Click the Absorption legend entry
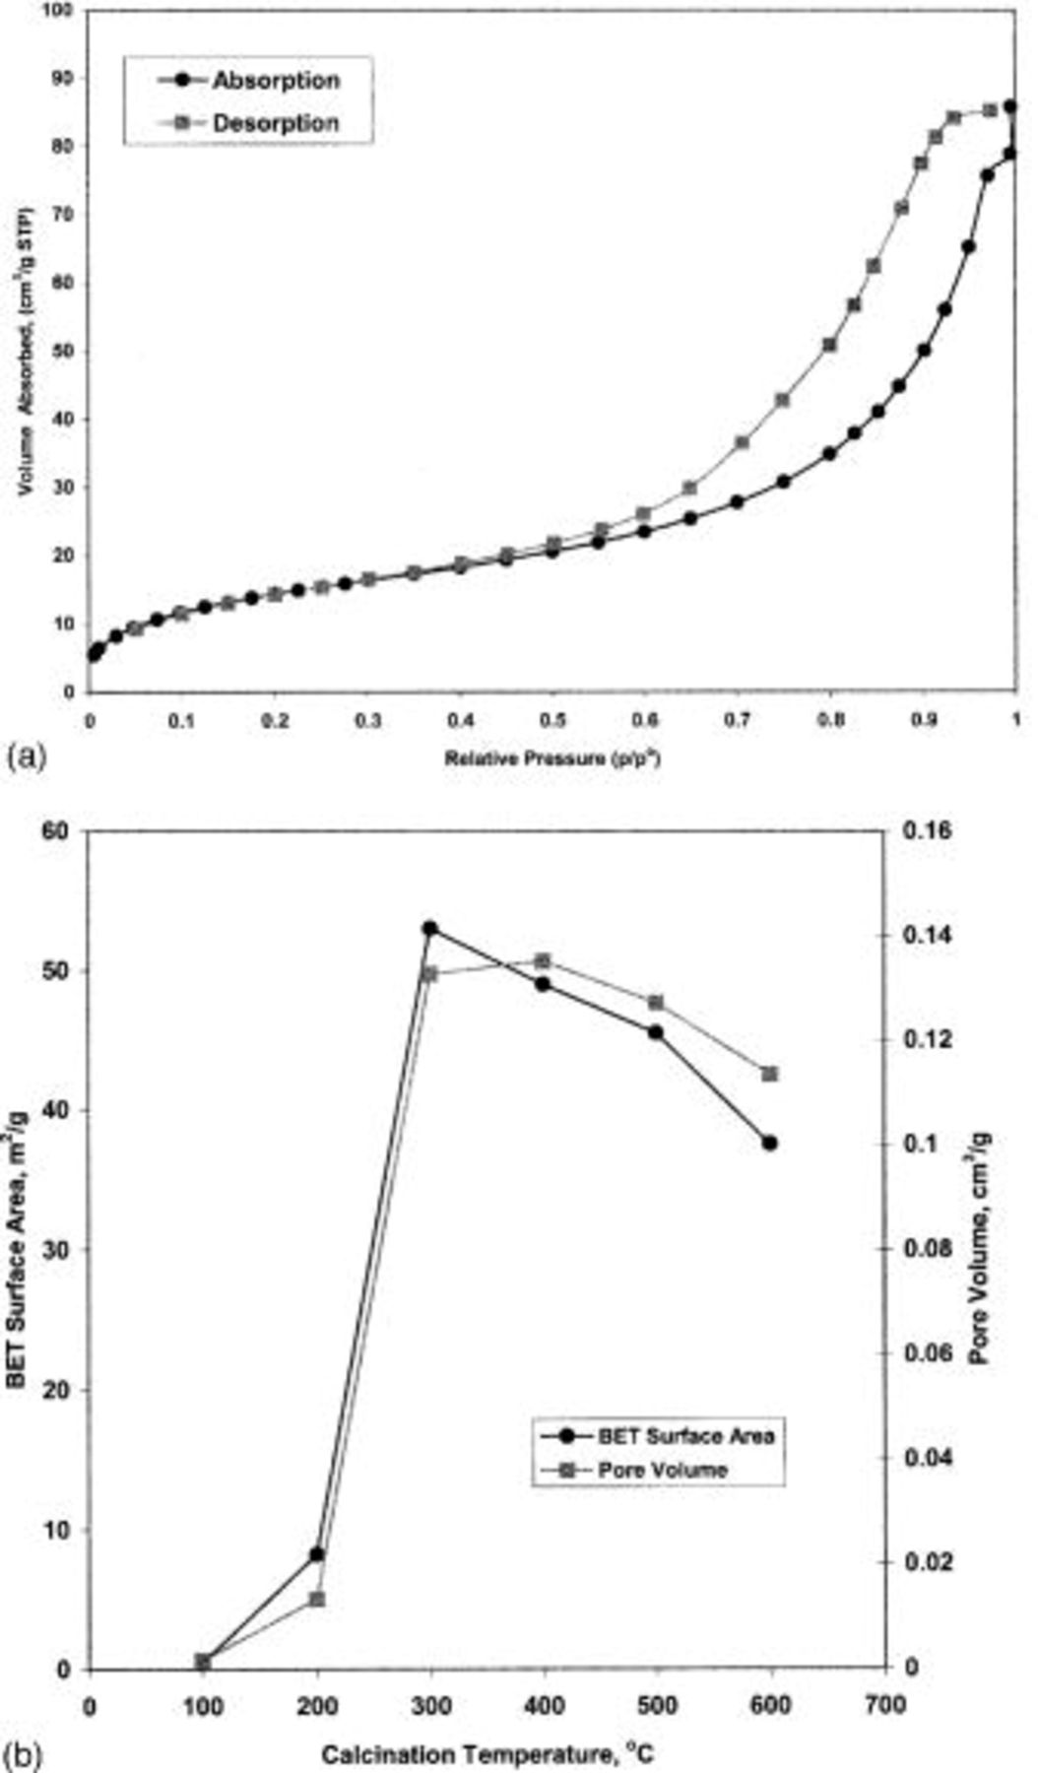pyautogui.click(x=275, y=81)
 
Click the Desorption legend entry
pyautogui.click(x=275, y=123)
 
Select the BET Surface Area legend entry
pyautogui.click(x=685, y=1435)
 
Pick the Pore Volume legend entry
pyautogui.click(x=662, y=1470)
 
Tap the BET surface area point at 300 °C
pyautogui.click(x=429, y=928)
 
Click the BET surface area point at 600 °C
pyautogui.click(x=770, y=1143)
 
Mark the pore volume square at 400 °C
pyautogui.click(x=543, y=961)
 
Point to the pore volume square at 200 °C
pyautogui.click(x=317, y=1599)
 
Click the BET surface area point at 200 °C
pyautogui.click(x=317, y=1554)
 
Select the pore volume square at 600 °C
pyautogui.click(x=770, y=1074)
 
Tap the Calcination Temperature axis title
pyautogui.click(x=488, y=1754)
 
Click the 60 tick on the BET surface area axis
pyautogui.click(x=60, y=831)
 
